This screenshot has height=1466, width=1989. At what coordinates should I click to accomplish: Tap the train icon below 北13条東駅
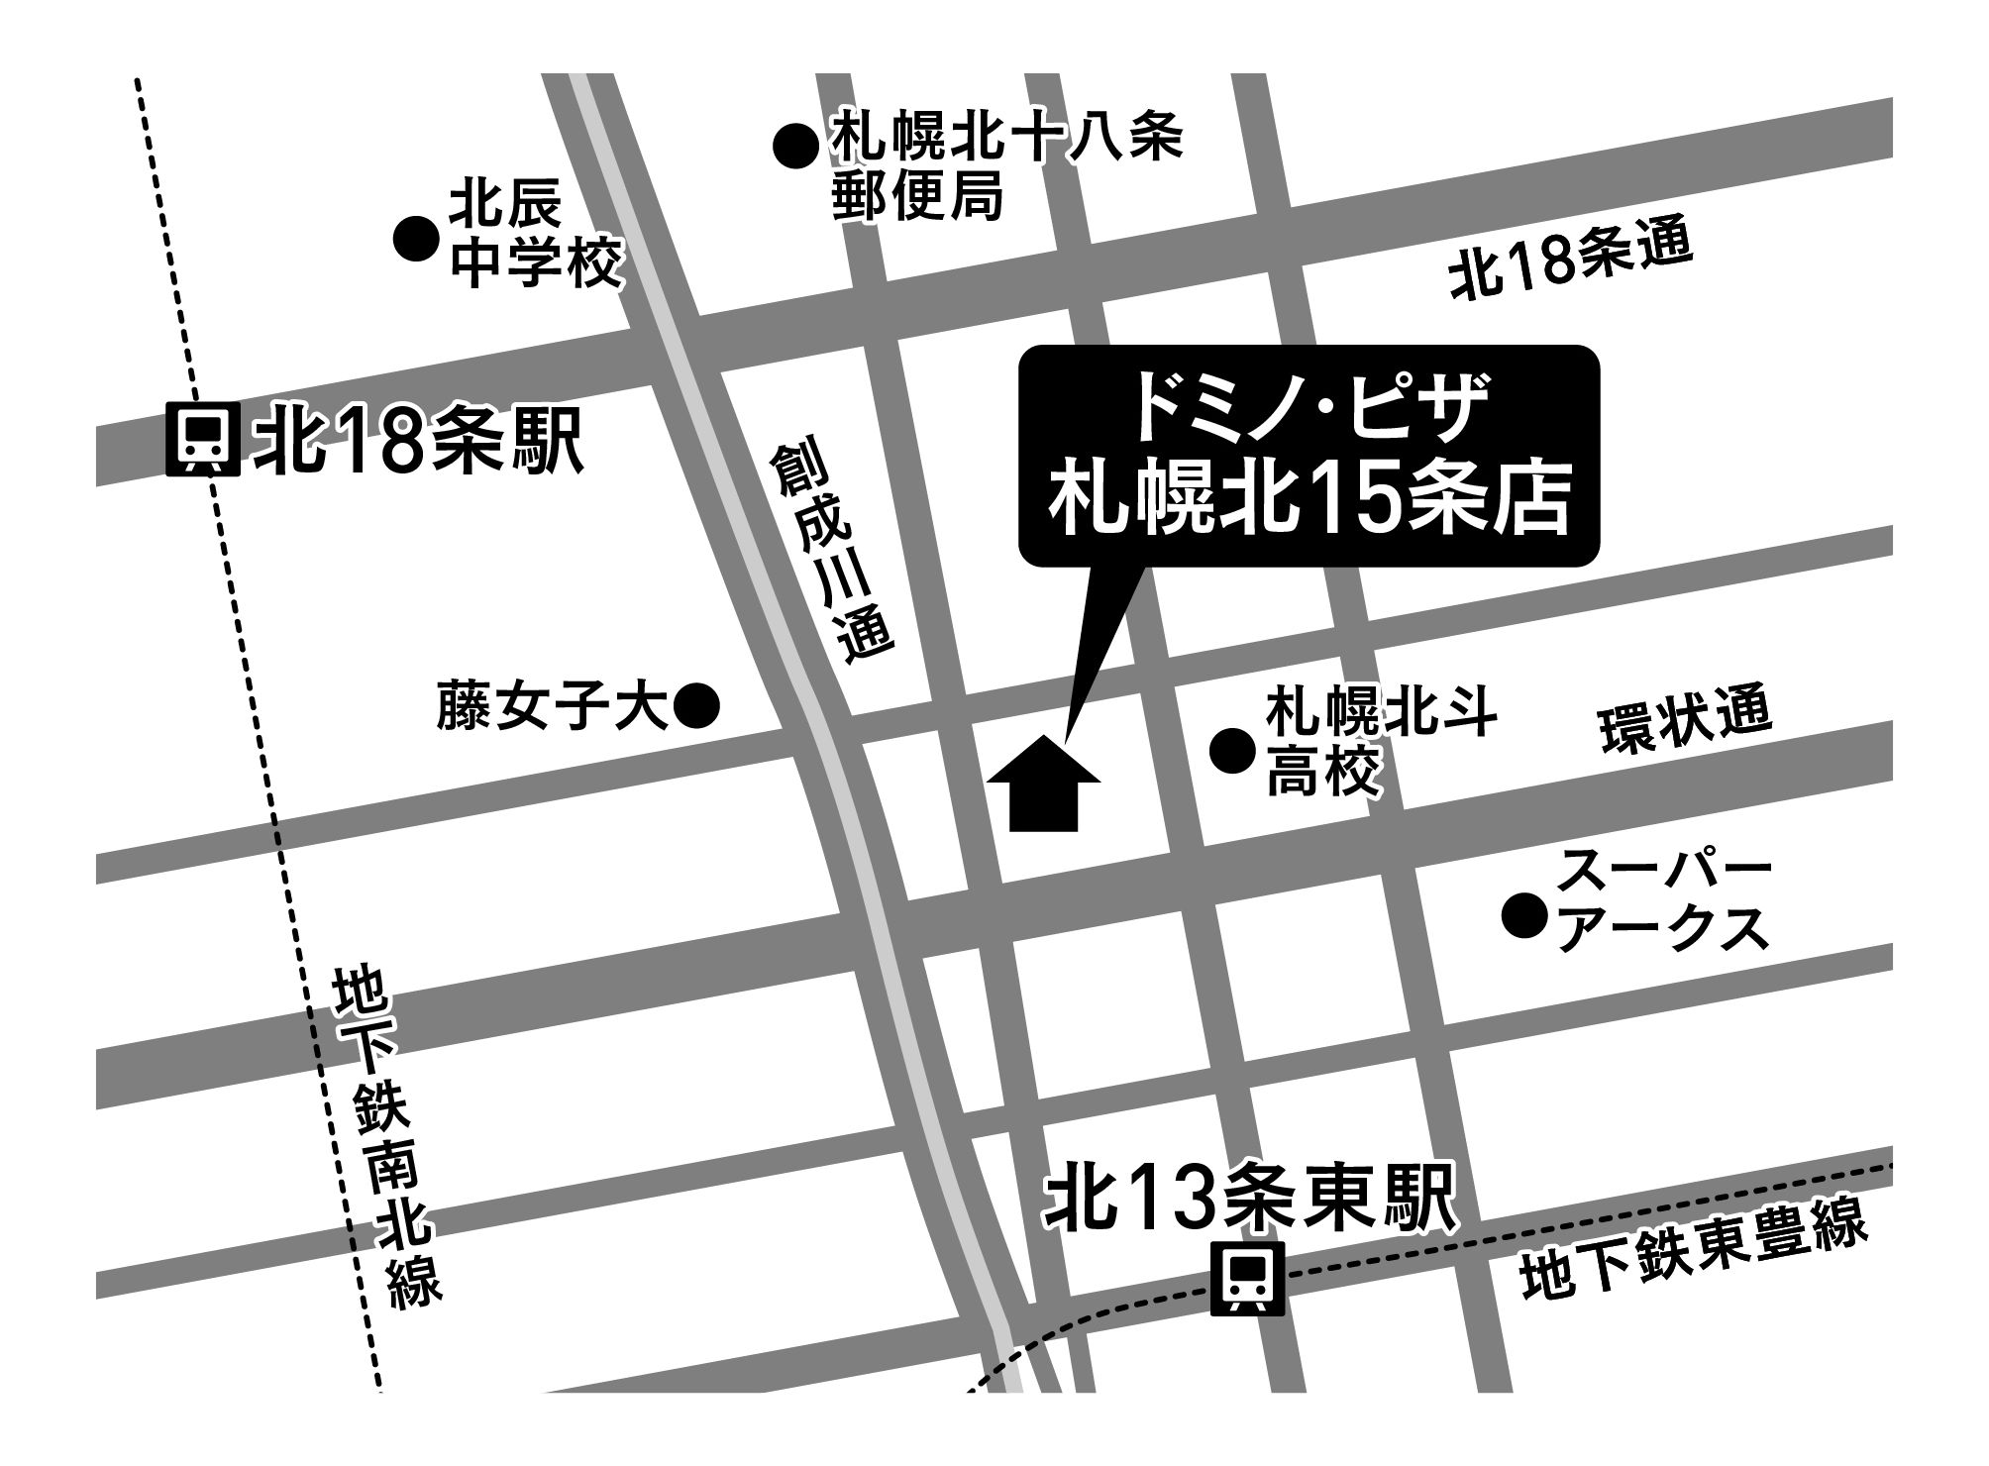(1248, 1280)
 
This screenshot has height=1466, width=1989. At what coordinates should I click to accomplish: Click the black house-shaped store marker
(1044, 782)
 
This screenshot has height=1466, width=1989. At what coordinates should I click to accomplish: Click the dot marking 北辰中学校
(416, 239)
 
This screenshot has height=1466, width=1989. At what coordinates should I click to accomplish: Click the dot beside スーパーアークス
(1524, 915)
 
